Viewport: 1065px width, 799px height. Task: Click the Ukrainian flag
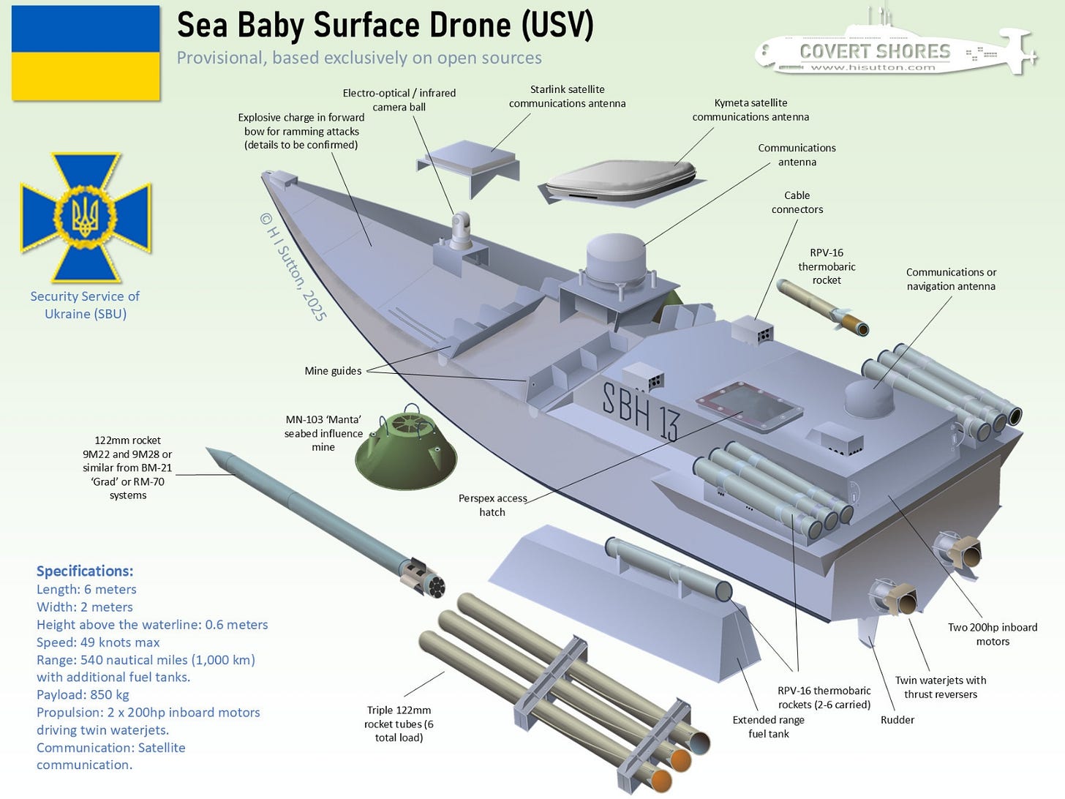click(x=86, y=53)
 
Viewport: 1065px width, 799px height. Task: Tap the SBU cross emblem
click(x=86, y=217)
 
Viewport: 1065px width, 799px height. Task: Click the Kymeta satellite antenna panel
click(x=622, y=182)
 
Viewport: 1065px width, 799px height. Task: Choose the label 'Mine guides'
click(x=333, y=371)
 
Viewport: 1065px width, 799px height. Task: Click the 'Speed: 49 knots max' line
click(x=98, y=642)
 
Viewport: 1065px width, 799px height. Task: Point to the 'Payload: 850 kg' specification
click(x=83, y=695)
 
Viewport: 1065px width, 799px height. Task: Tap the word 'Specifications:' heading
click(x=85, y=571)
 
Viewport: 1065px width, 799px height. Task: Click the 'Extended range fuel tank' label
click(x=768, y=727)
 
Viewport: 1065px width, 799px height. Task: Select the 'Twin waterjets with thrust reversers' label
click(x=940, y=687)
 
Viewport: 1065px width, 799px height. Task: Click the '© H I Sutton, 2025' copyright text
click(x=293, y=266)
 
